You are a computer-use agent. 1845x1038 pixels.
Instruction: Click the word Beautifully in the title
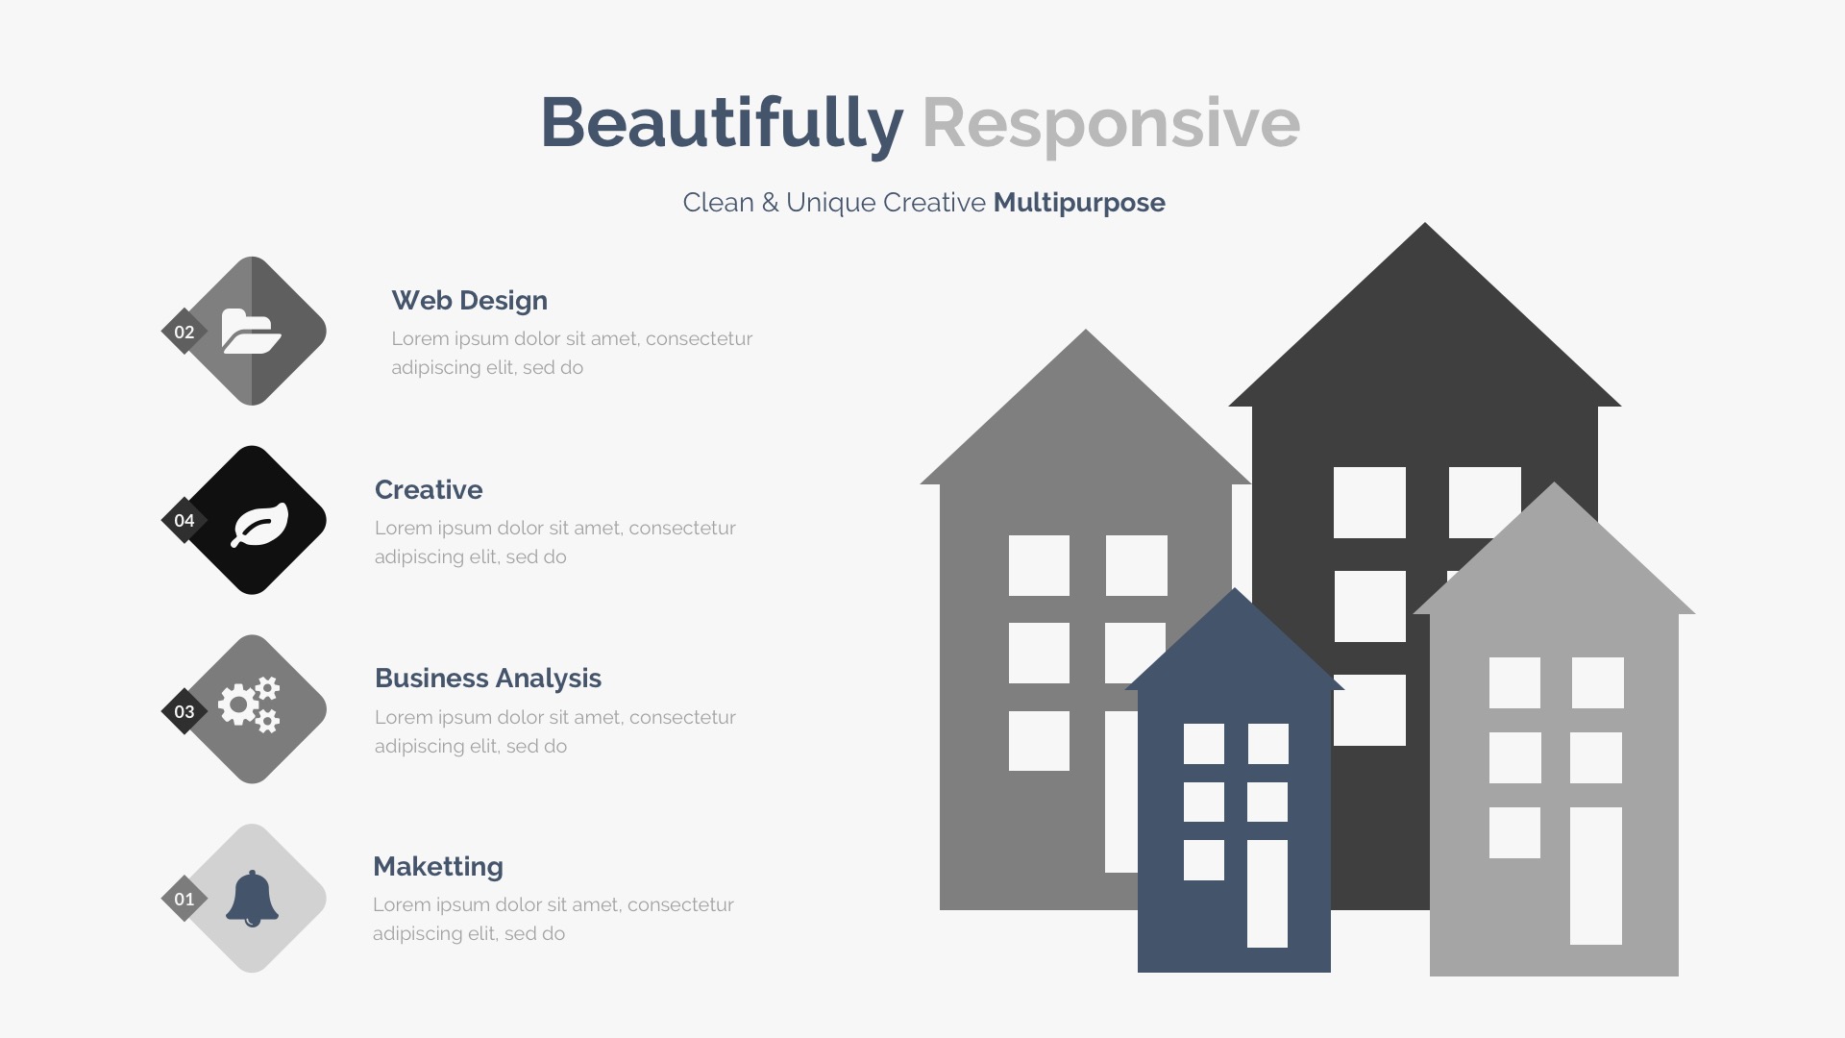722,123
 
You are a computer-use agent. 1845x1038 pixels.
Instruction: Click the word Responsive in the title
1111,123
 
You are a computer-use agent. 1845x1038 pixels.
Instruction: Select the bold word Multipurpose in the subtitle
1079,203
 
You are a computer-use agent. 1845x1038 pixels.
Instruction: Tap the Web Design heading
469,300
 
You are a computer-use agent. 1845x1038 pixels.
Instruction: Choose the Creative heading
429,489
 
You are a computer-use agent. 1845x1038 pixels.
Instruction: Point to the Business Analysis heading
488,678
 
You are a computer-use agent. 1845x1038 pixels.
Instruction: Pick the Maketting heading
438,866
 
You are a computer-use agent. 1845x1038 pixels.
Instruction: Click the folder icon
251,331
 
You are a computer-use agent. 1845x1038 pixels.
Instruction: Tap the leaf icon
259,525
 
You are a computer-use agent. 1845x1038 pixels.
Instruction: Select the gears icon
249,704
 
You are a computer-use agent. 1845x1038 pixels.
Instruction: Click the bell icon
252,899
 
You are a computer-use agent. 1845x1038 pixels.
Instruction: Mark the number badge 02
184,332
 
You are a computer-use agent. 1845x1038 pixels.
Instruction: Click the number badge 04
184,520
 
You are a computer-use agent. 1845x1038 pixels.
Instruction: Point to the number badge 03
184,711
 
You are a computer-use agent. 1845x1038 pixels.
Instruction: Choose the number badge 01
184,899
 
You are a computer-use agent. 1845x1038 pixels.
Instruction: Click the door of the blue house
1267,894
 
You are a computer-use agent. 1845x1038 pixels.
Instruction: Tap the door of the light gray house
1596,876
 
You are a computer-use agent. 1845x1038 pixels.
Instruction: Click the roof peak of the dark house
1425,224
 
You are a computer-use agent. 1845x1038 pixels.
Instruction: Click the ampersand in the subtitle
770,203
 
